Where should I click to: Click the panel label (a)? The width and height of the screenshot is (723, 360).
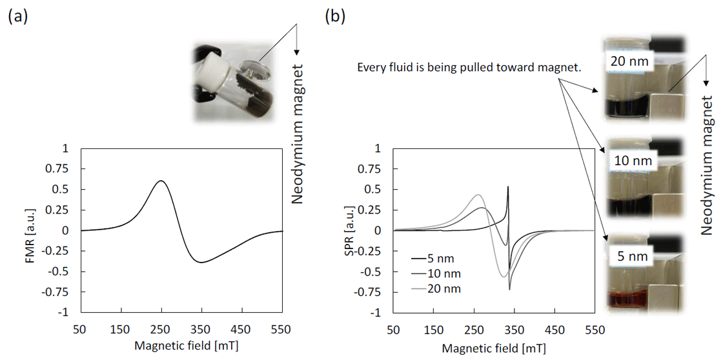click(17, 17)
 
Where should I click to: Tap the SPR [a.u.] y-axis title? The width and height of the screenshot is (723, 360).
click(359, 230)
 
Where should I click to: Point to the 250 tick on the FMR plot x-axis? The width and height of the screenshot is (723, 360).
click(161, 328)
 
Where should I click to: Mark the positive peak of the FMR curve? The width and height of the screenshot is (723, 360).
click(161, 181)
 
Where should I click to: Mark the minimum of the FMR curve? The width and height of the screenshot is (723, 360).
click(201, 262)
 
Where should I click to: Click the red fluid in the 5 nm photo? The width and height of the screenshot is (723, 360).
click(636, 301)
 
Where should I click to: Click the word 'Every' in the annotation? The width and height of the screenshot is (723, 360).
click(371, 67)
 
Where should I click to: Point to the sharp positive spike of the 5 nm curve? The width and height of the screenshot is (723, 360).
click(508, 188)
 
